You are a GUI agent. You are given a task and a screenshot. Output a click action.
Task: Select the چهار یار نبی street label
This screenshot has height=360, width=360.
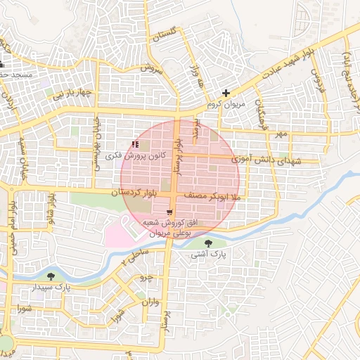[75, 92]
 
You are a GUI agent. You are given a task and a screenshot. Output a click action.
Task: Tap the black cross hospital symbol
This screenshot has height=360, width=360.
[226, 93]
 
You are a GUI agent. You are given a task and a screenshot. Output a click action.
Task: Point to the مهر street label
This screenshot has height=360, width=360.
[281, 134]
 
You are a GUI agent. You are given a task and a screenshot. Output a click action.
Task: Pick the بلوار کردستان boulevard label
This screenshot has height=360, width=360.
[138, 191]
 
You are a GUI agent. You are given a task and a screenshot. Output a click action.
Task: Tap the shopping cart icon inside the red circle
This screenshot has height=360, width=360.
[169, 212]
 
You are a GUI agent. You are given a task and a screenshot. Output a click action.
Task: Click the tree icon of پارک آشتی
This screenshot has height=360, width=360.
[207, 243]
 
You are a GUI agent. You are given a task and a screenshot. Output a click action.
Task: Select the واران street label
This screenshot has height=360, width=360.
[151, 304]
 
